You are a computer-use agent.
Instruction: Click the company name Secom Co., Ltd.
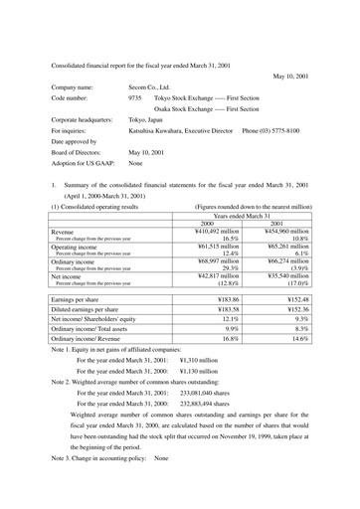[149, 87]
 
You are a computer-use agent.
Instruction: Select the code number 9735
[135, 99]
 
